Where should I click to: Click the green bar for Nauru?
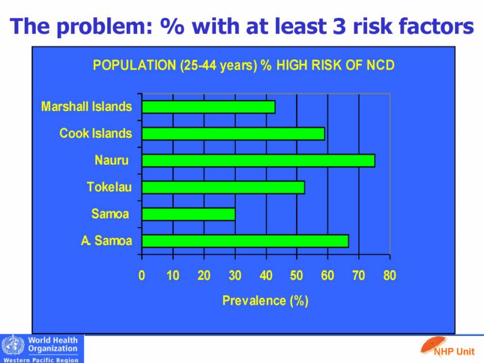[x=258, y=160]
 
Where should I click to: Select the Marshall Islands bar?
[x=209, y=107]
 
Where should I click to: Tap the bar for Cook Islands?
[x=233, y=134]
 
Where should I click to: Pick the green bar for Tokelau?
[x=223, y=187]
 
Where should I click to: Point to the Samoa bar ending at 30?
[x=188, y=214]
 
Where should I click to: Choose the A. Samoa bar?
[x=245, y=241]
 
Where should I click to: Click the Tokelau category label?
[x=109, y=187]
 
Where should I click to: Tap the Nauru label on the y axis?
[x=112, y=160]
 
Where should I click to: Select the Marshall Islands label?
[x=86, y=107]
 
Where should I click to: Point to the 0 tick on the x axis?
[x=142, y=276]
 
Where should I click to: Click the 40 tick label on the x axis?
[x=266, y=276]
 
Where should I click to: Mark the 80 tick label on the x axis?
[x=390, y=276]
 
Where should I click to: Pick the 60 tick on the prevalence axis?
[x=327, y=276]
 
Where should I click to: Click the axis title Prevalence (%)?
[x=266, y=301]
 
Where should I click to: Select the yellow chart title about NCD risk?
[x=244, y=65]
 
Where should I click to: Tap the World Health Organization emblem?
[x=13, y=347]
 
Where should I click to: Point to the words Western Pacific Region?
[x=43, y=359]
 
